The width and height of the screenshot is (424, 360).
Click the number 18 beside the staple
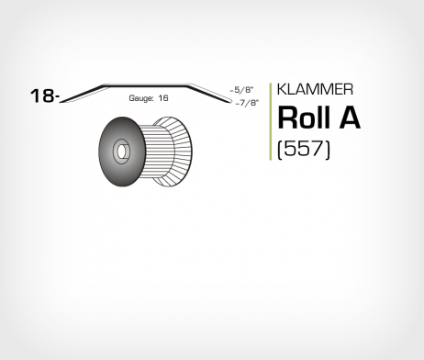click(x=40, y=96)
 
